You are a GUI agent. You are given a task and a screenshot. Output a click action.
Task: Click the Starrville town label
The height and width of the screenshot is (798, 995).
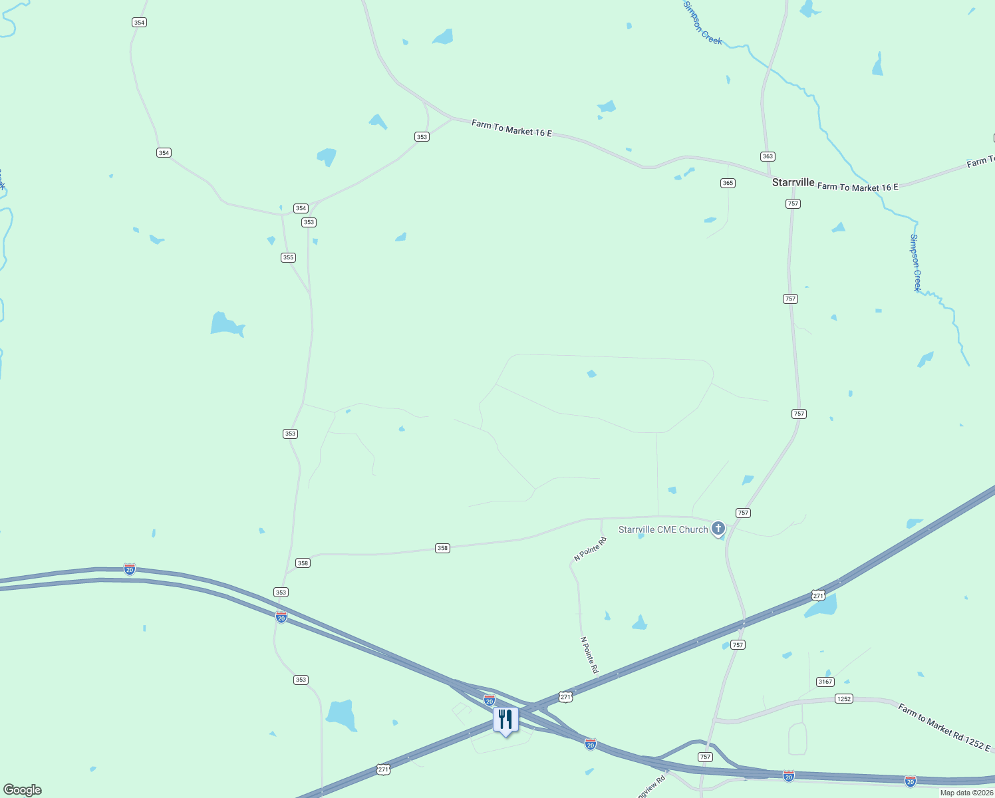click(793, 182)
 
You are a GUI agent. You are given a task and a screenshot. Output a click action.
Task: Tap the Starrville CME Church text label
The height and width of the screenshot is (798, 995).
click(663, 529)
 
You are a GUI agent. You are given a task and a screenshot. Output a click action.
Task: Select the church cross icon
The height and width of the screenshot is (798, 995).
click(718, 529)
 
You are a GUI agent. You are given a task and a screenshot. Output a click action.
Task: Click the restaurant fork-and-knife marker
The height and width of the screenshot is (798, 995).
click(505, 720)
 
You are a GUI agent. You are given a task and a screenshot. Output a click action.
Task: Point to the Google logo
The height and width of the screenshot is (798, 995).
click(23, 789)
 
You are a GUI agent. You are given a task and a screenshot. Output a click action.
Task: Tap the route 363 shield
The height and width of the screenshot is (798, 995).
click(768, 156)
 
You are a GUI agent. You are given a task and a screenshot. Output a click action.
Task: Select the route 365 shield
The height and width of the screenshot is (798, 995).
click(728, 183)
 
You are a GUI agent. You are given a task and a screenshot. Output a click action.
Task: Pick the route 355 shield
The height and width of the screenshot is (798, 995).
click(288, 257)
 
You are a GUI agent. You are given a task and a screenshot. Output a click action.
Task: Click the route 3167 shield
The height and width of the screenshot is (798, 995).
click(825, 682)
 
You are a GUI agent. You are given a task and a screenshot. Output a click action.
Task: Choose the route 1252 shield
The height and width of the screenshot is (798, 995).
click(843, 699)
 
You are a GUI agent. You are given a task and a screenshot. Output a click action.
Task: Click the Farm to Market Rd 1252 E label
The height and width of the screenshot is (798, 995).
click(944, 727)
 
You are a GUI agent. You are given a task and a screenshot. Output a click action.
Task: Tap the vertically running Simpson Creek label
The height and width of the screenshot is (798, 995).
click(916, 263)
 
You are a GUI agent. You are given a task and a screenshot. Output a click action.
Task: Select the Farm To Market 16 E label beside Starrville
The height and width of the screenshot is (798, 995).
click(857, 187)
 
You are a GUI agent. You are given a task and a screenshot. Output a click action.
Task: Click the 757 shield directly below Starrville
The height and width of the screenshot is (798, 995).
click(793, 203)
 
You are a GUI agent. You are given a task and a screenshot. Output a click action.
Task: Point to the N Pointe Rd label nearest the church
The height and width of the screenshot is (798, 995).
click(590, 549)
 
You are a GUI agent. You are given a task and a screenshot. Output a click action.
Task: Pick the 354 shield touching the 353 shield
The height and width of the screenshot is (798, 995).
click(301, 208)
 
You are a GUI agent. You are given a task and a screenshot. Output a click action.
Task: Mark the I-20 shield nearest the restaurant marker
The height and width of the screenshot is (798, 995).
click(490, 700)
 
